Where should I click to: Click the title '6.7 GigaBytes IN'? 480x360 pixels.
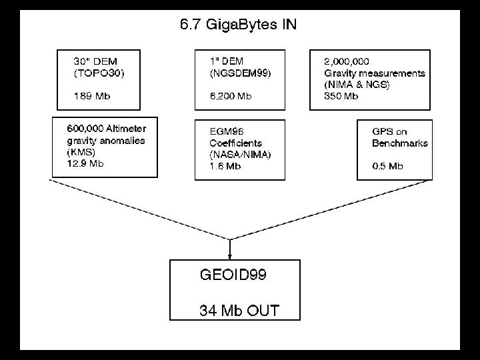click(239, 25)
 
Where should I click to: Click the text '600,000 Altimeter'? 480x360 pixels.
click(107, 128)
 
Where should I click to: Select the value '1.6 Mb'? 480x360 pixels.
click(225, 167)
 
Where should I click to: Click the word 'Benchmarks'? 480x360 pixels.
click(400, 143)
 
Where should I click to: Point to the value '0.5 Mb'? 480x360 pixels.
click(389, 167)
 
